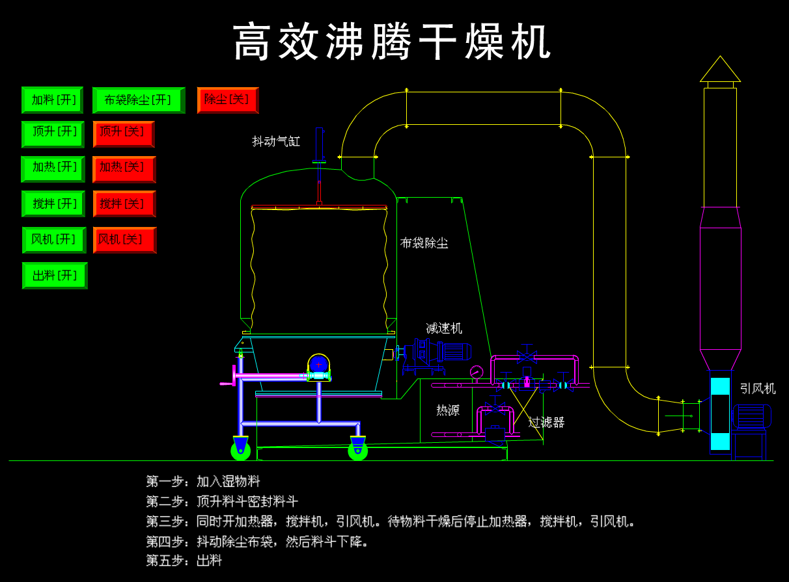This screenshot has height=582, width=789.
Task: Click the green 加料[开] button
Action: click(52, 100)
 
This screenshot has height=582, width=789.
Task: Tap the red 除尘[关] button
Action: click(227, 100)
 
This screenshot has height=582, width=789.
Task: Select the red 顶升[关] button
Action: click(123, 134)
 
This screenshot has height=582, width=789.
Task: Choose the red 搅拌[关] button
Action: click(124, 204)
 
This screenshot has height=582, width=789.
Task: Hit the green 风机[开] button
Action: click(54, 239)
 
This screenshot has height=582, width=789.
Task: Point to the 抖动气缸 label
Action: click(276, 141)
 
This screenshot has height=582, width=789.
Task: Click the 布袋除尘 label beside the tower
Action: click(424, 243)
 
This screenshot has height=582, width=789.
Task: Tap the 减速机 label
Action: click(443, 328)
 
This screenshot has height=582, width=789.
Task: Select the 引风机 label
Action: click(757, 389)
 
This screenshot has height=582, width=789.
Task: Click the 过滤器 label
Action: click(546, 423)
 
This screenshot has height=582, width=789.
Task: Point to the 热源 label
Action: click(448, 410)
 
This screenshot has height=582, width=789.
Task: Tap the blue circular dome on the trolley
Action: click(318, 364)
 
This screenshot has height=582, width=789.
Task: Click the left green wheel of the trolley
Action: click(240, 449)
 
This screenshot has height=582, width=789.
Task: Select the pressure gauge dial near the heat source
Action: click(477, 372)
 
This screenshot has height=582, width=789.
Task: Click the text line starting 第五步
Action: click(184, 561)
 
